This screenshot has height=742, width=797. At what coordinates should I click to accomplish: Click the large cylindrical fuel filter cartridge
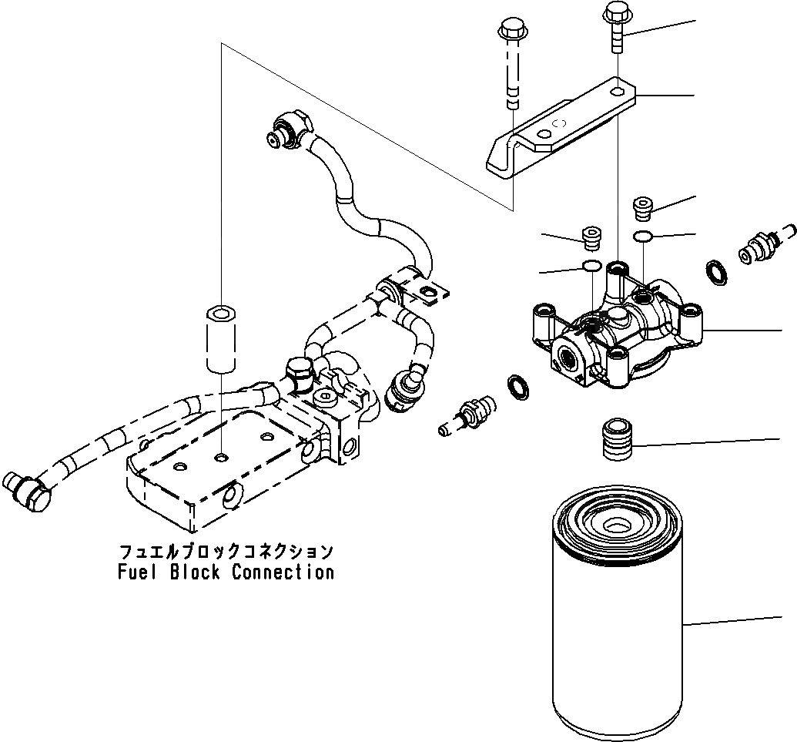tap(616, 616)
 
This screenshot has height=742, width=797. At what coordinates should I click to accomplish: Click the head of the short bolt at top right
tap(617, 13)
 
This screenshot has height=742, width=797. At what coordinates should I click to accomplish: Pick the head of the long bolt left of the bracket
tap(510, 32)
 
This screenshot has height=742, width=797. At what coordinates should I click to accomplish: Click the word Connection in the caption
tap(283, 572)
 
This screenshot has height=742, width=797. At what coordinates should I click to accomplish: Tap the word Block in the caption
tap(189, 572)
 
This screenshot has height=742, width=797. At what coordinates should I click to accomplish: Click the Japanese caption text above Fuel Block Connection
tap(226, 552)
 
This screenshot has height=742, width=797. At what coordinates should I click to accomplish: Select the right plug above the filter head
tap(641, 206)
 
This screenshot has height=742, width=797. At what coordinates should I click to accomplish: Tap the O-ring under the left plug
tap(591, 267)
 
